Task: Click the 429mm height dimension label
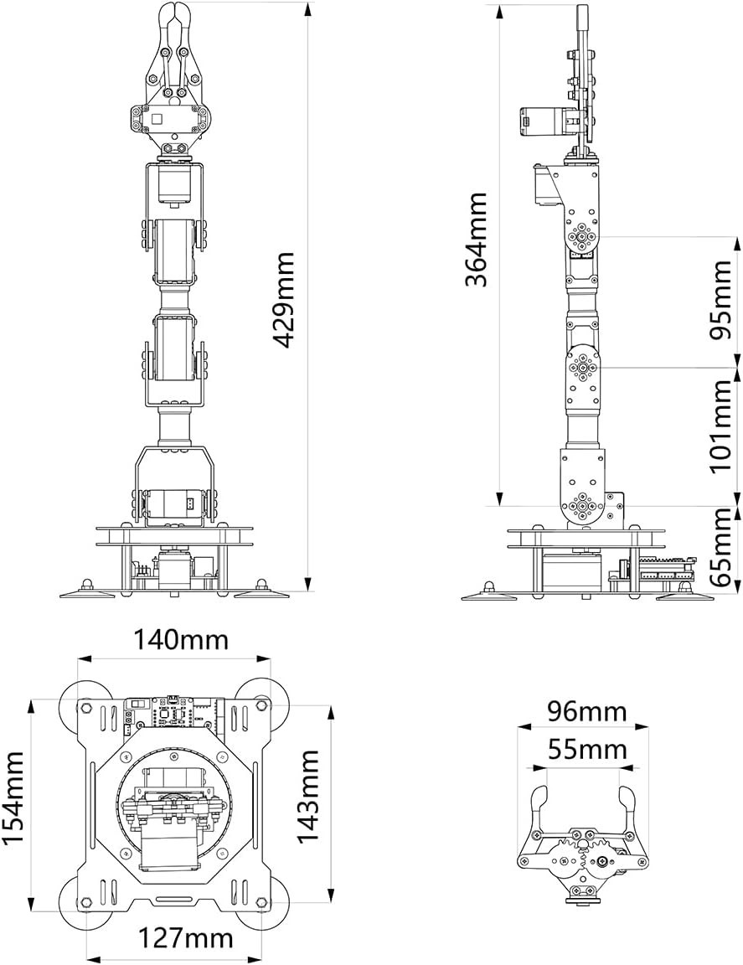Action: pos(283,300)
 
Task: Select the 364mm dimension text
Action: pos(477,240)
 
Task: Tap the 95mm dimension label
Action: pos(720,301)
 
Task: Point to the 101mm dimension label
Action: pos(720,426)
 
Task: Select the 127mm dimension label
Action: pos(184,939)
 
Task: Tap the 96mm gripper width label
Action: pos(586,712)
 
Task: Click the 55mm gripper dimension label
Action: pos(586,751)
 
